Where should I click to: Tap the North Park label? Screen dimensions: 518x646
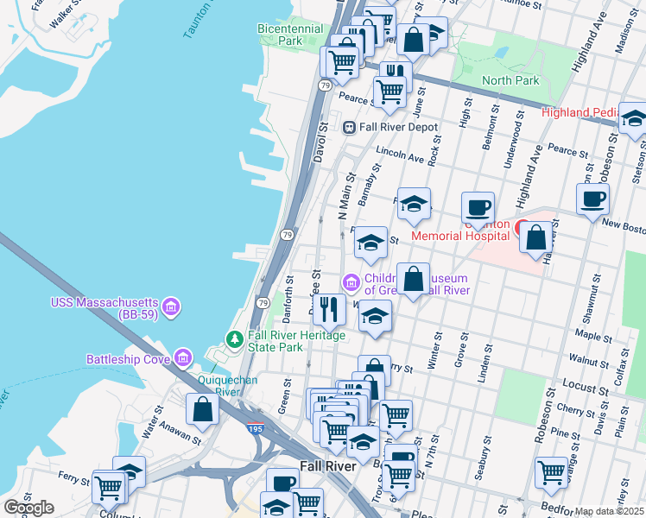coord(510,81)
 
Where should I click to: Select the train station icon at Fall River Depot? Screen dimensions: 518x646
coord(349,127)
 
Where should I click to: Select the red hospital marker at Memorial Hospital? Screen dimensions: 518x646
coord(522,229)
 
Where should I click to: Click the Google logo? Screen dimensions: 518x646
coord(28,507)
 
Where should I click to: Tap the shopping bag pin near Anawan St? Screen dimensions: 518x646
coord(202,408)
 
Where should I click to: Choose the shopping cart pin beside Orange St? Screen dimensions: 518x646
coord(551,471)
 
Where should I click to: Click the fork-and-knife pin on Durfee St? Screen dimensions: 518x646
coord(328,307)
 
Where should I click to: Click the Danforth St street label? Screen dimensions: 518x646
coord(290,294)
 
